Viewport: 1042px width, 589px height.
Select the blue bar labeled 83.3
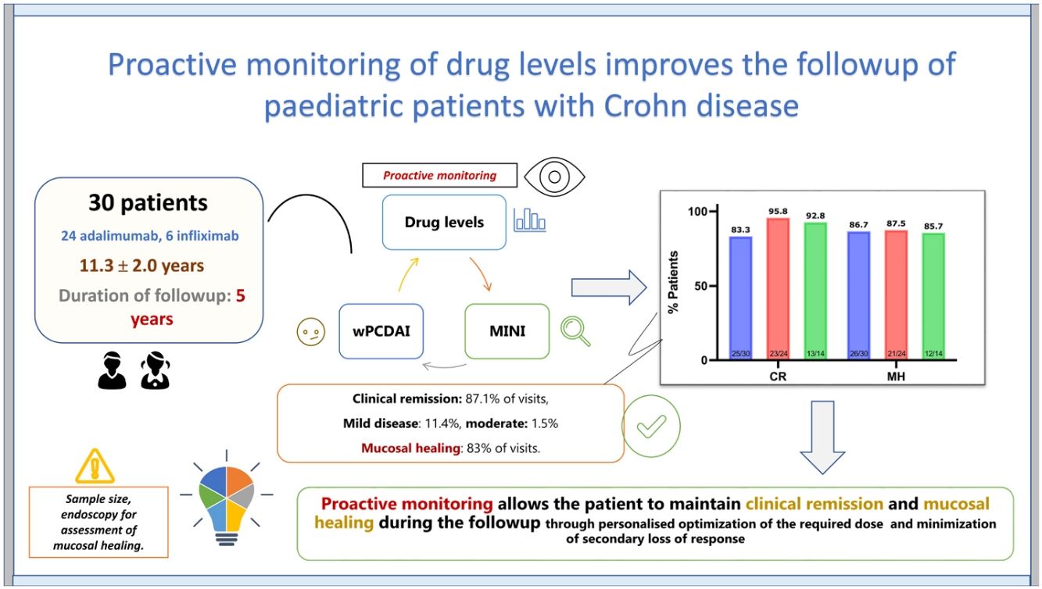coord(739,297)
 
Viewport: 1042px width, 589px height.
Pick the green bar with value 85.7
coord(933,297)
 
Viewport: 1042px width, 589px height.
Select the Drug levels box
coord(444,223)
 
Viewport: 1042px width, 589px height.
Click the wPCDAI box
coord(381,331)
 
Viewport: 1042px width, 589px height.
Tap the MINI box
coord(507,331)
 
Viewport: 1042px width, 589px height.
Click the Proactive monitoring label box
coord(439,175)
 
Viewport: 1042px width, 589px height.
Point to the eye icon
coord(554,176)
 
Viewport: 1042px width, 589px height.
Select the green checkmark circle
coord(651,427)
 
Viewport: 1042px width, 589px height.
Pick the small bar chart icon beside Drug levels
coord(529,221)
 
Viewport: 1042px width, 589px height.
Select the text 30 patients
coord(148,202)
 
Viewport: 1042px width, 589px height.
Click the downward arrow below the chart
coord(824,438)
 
